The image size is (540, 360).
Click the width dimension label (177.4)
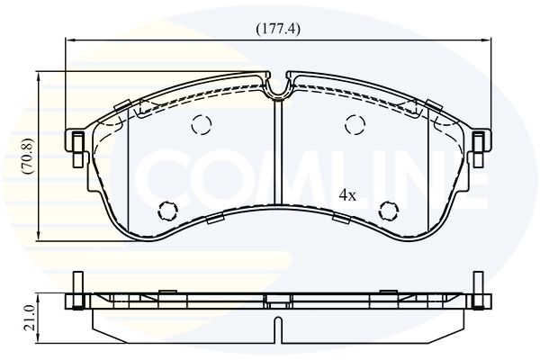tap(278, 29)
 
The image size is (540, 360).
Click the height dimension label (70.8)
tap(27, 156)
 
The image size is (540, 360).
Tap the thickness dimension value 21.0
tap(30, 318)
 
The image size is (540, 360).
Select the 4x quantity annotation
tap(347, 195)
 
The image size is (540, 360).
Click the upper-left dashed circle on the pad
tap(202, 124)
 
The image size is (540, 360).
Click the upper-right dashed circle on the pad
tap(355, 124)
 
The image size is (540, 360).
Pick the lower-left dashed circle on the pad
tap(168, 211)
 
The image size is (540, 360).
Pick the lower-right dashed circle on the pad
tap(389, 211)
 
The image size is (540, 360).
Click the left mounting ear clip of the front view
tap(77, 148)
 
